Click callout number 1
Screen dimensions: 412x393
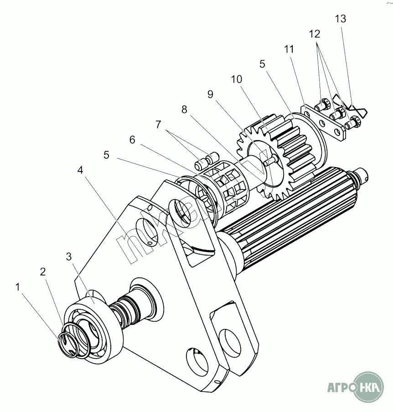click(x=18, y=287)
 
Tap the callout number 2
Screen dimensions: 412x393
click(x=43, y=272)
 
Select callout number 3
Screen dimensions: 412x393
click(x=69, y=256)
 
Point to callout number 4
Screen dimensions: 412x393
click(x=80, y=170)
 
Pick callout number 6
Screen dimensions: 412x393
click(x=132, y=140)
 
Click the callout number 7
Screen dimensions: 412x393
click(x=158, y=124)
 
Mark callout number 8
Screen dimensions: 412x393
click(x=184, y=110)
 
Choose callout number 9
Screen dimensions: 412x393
click(x=210, y=94)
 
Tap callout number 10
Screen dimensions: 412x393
click(x=236, y=79)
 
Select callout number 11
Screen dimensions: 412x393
click(x=288, y=48)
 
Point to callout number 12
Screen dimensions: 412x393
click(x=315, y=34)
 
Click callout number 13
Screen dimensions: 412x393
click(x=340, y=19)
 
